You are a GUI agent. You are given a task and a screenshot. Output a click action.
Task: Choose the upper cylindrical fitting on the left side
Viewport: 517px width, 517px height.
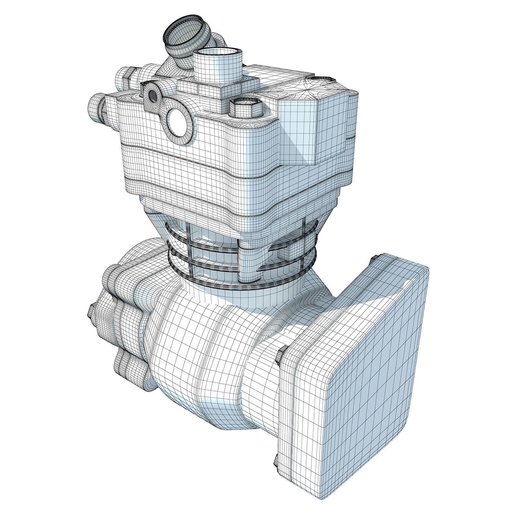124,78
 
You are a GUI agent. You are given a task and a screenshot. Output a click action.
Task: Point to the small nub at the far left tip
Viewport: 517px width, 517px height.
90,312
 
